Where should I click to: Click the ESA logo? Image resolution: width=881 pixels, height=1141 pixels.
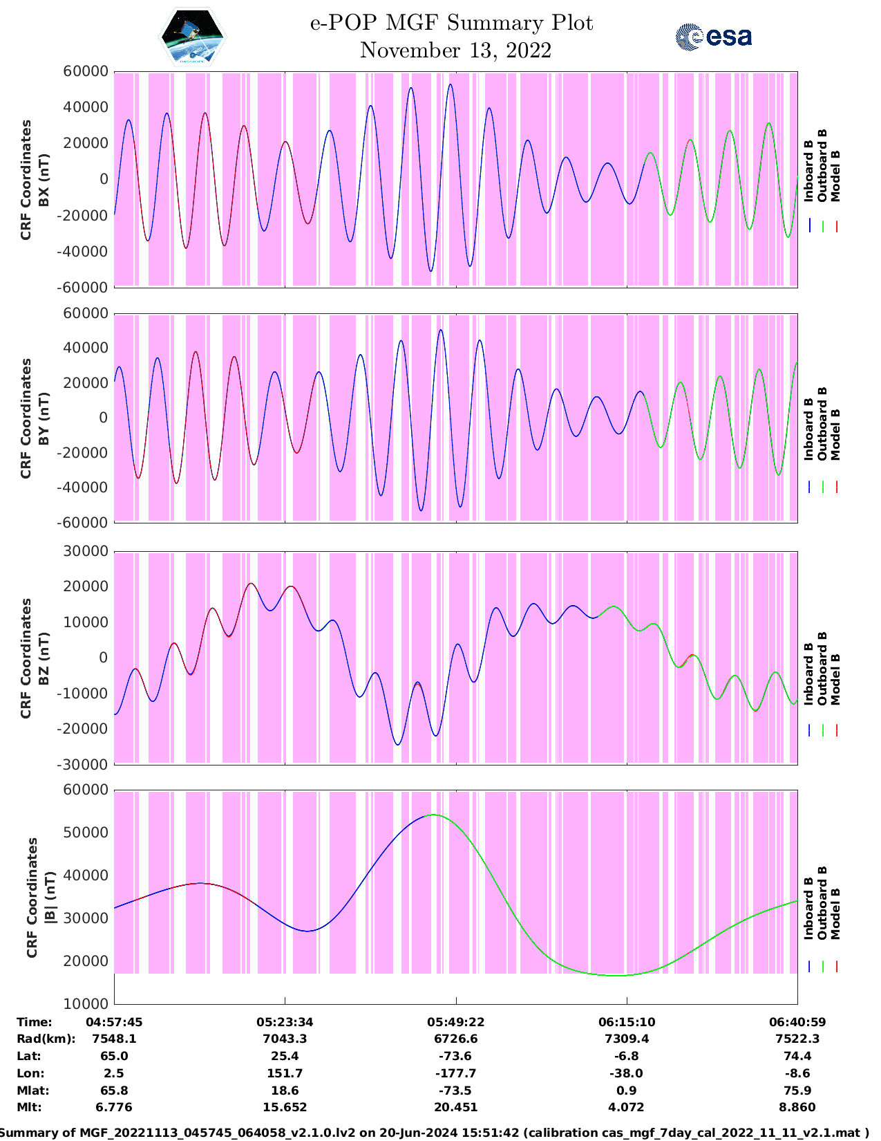point(713,37)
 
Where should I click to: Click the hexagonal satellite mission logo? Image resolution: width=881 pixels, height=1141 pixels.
point(193,37)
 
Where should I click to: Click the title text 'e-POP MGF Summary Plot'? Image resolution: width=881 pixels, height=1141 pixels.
point(451,23)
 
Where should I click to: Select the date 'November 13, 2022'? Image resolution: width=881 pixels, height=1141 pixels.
point(455,50)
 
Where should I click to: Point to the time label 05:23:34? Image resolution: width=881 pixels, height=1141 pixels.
point(285,1021)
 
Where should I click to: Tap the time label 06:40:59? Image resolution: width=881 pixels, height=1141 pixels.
point(797,1021)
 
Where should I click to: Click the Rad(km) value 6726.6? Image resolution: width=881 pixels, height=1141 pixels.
point(456,1039)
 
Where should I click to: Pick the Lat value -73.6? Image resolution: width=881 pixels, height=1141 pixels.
point(456,1056)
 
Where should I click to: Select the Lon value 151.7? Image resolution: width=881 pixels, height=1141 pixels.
point(285,1073)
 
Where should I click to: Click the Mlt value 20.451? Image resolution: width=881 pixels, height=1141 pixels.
point(456,1107)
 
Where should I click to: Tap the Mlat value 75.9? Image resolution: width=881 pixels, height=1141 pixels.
point(797,1091)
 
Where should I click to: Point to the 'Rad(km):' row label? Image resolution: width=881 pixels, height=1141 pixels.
point(46,1039)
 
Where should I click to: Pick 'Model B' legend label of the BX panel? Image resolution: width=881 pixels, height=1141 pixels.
point(835,176)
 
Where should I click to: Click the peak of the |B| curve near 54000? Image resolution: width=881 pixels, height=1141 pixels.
point(433,815)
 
